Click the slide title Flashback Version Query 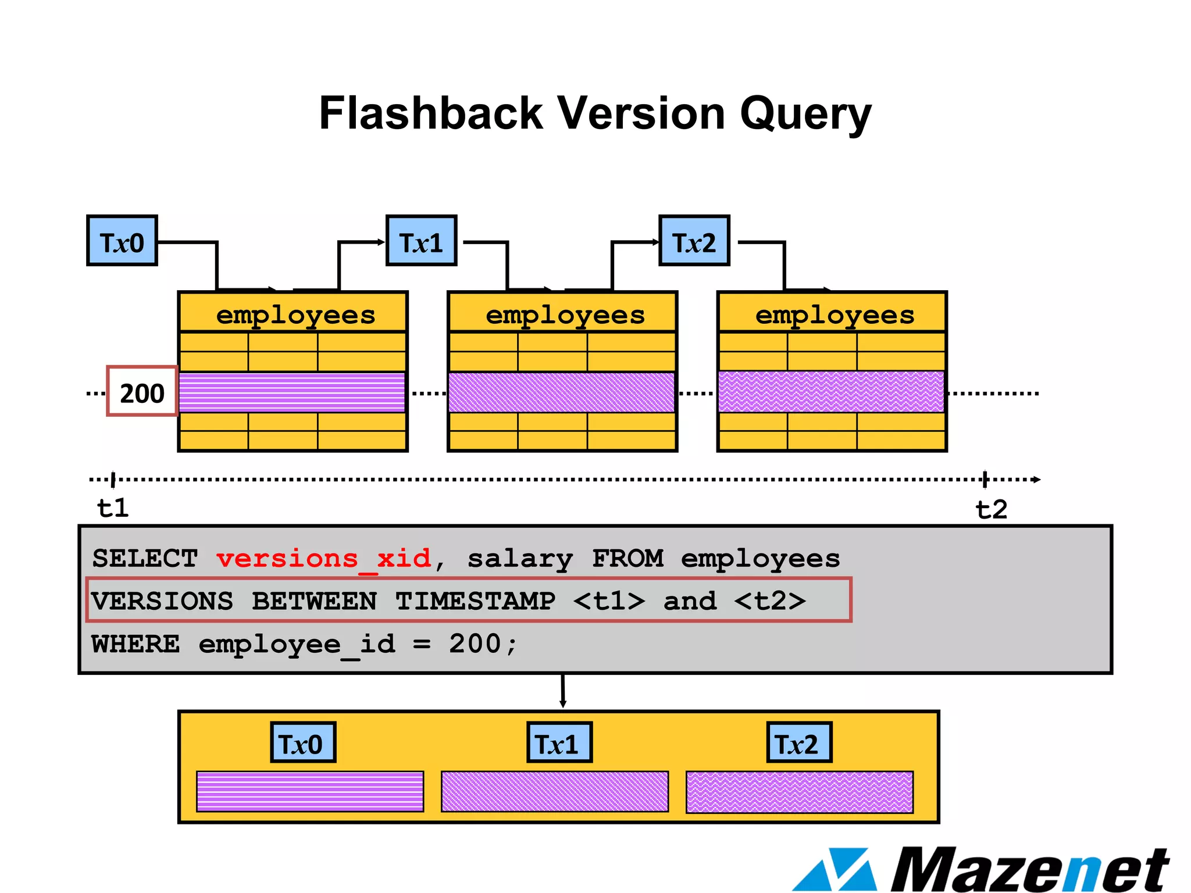(595, 113)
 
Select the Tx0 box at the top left (122, 241)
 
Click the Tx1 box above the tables (421, 241)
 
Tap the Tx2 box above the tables (694, 241)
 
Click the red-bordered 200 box (142, 392)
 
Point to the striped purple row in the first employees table (292, 392)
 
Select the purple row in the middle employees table (562, 392)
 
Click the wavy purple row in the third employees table (831, 392)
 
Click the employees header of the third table (834, 315)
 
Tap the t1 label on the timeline (112, 508)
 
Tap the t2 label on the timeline (991, 509)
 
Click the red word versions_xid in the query (323, 559)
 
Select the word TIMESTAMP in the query (475, 601)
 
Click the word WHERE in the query (135, 644)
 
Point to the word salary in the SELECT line (520, 559)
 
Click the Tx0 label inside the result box (302, 742)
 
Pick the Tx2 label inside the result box (798, 742)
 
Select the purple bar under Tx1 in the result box (554, 791)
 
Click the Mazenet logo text (1029, 870)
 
